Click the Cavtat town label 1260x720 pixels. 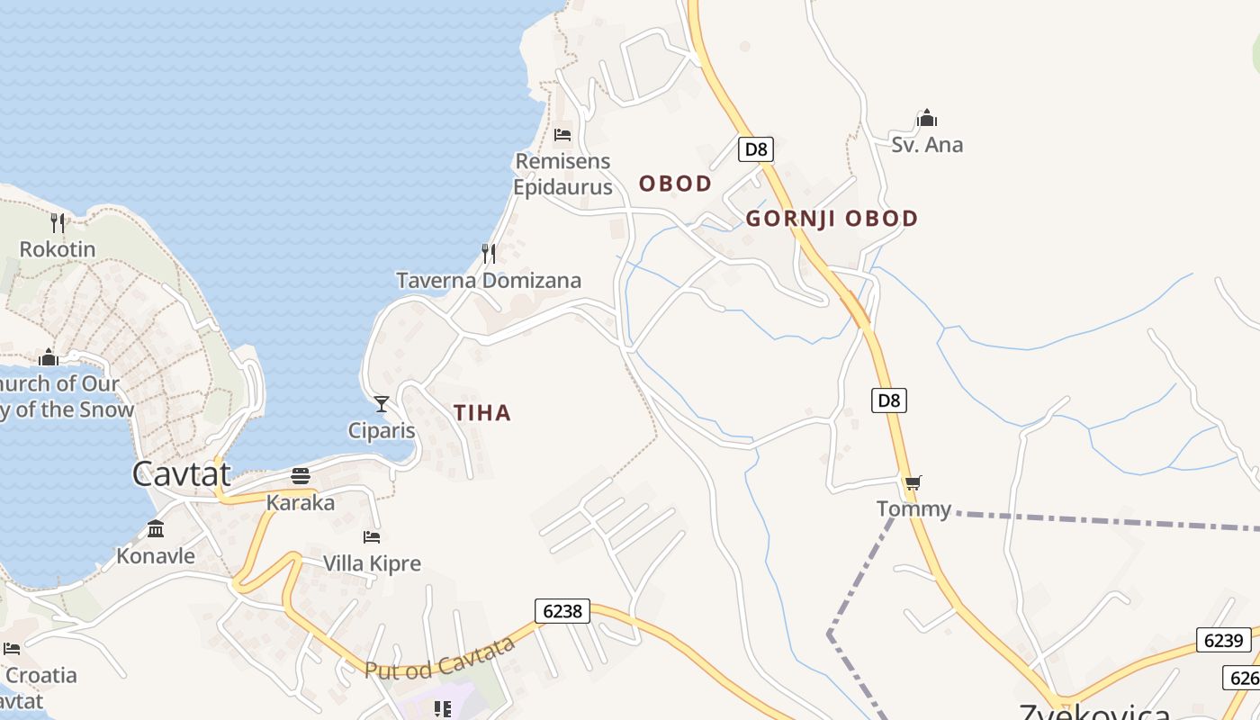click(x=181, y=472)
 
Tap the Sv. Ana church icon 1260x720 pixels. click(x=926, y=118)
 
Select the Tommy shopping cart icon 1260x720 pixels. click(x=913, y=483)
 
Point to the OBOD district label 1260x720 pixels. click(x=675, y=184)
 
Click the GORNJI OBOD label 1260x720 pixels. click(x=832, y=219)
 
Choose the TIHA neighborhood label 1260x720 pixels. click(x=482, y=413)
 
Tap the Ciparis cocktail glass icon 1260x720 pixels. click(x=382, y=403)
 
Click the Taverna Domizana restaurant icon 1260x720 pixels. click(x=489, y=253)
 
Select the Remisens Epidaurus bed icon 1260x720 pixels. click(x=562, y=135)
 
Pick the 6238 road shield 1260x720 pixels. click(x=562, y=611)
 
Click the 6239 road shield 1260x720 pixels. click(x=1223, y=641)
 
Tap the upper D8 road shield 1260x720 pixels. click(x=756, y=149)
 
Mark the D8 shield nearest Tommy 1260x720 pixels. click(x=888, y=400)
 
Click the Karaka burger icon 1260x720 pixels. click(x=301, y=475)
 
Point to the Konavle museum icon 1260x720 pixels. click(x=156, y=528)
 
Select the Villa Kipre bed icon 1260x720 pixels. click(x=372, y=537)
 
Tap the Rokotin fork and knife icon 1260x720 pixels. click(x=58, y=221)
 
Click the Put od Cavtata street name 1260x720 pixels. click(x=440, y=659)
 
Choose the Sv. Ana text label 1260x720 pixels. click(x=927, y=145)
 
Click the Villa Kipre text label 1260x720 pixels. click(x=372, y=564)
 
